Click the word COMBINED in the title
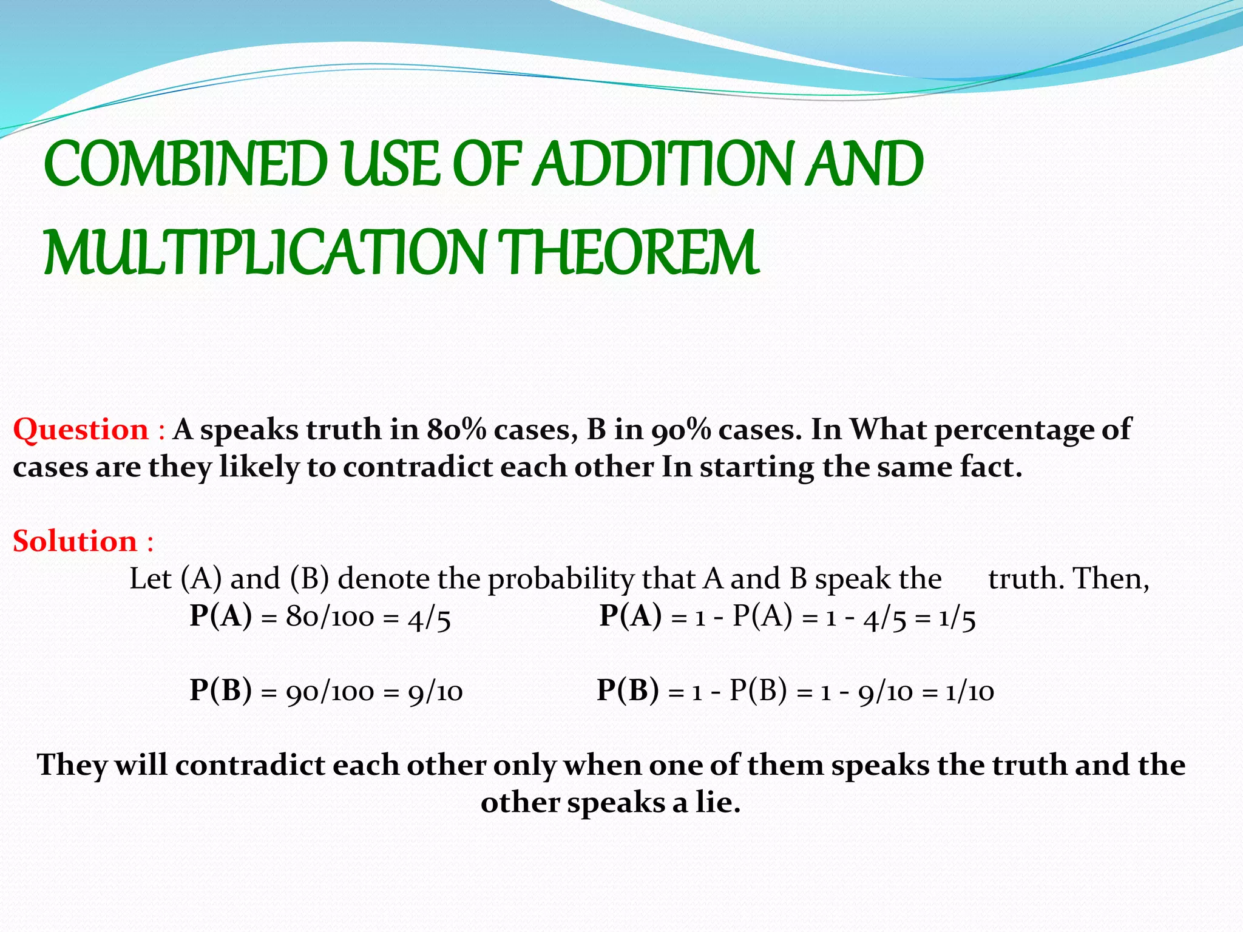[185, 164]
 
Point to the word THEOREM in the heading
[631, 252]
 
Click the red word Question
[81, 430]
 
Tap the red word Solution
[75, 541]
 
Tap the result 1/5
[957, 618]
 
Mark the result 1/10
[970, 692]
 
